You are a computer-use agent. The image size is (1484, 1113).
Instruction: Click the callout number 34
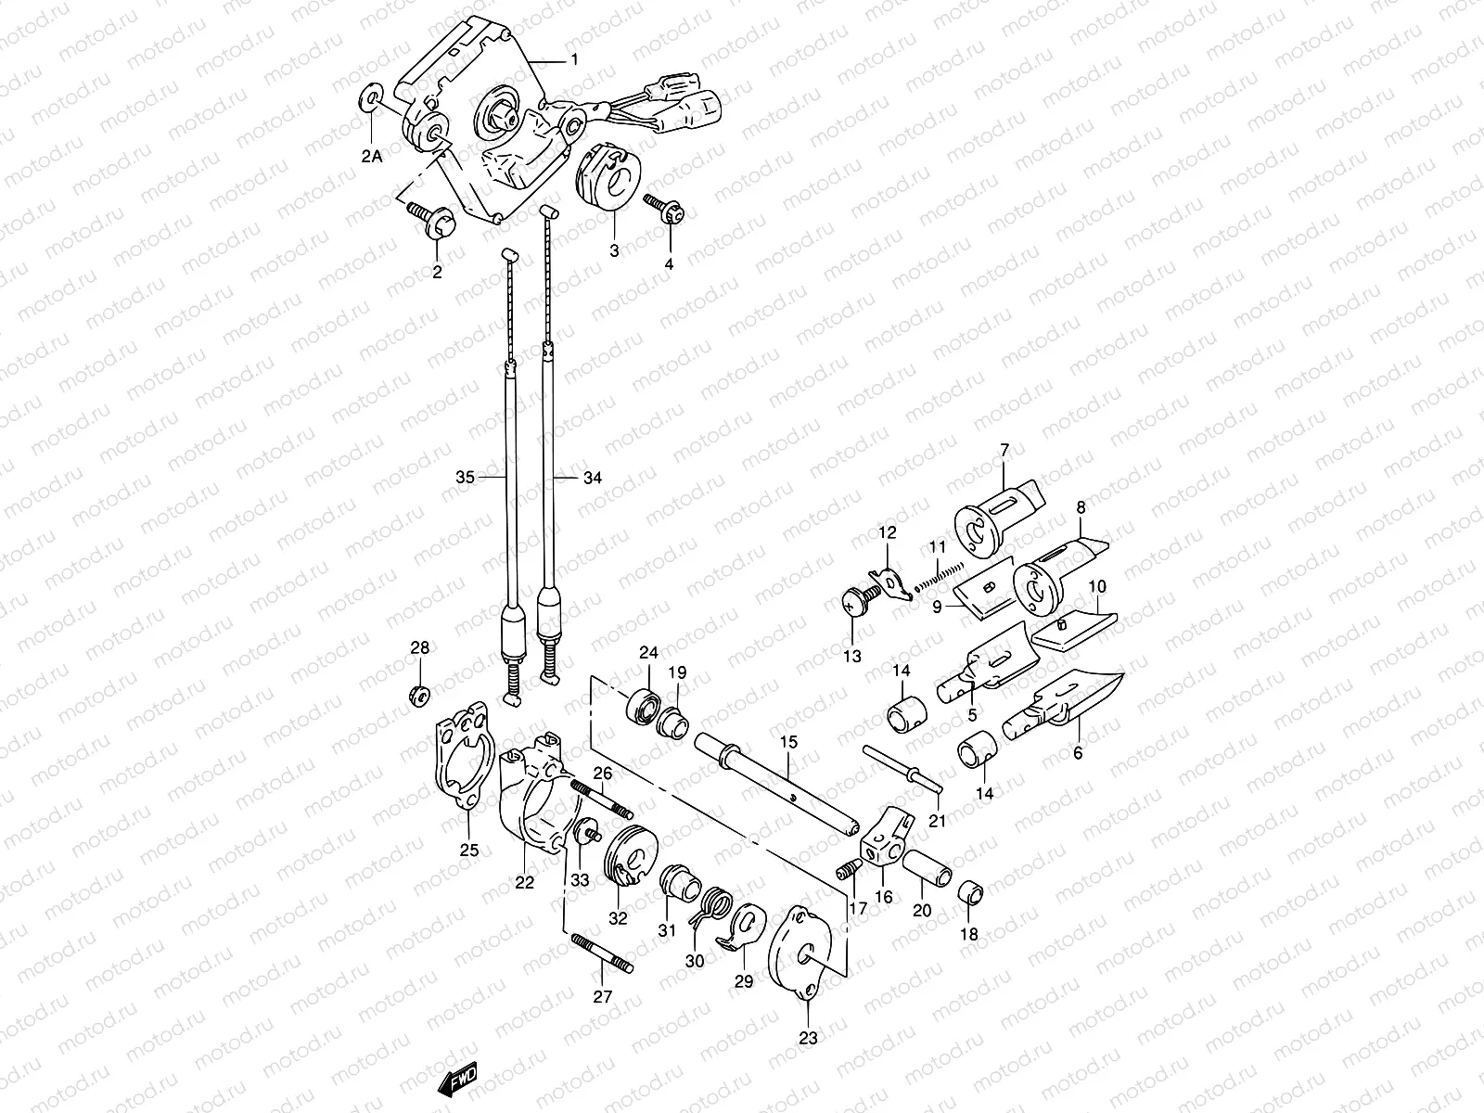point(593,478)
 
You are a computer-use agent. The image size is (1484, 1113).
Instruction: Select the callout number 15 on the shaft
point(788,742)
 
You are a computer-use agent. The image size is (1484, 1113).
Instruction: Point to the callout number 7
point(1004,450)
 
